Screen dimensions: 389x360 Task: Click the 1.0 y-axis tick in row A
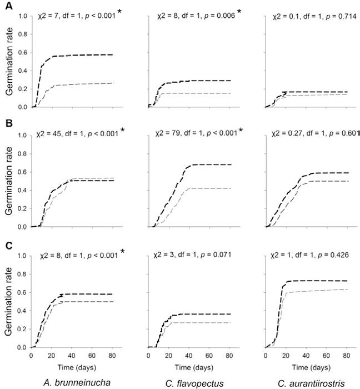[x=23, y=16]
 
